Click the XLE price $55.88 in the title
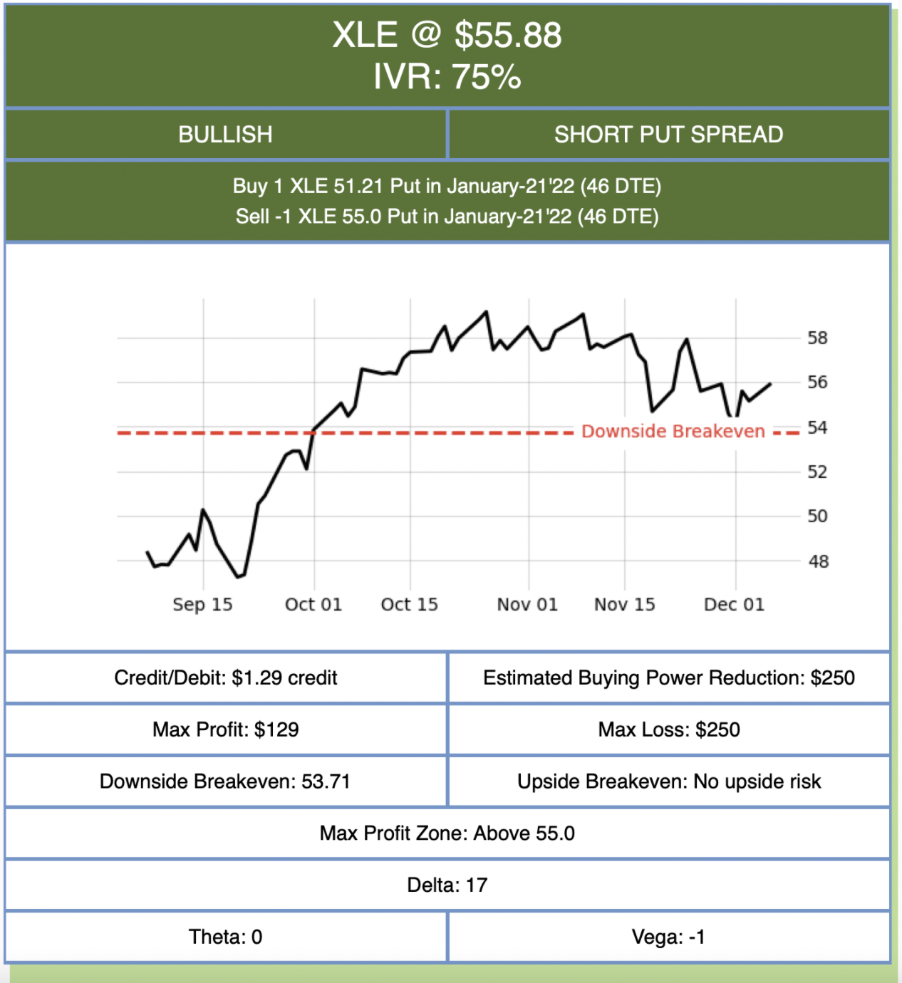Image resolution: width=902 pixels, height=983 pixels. point(508,36)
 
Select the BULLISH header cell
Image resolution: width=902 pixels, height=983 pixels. point(225,135)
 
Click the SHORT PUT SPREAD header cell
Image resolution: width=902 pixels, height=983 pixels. point(668,135)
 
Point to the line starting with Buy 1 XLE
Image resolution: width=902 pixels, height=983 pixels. point(447,187)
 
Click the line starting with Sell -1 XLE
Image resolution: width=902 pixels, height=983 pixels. point(447,217)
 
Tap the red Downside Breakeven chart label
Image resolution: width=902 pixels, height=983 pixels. point(673,432)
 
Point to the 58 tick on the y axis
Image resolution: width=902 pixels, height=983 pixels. point(817,338)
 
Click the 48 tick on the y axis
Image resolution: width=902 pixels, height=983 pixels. point(818,562)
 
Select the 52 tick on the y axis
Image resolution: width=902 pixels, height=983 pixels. point(817,472)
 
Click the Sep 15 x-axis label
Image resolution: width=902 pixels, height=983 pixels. point(202,605)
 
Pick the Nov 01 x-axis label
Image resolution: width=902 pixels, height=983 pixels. point(527,605)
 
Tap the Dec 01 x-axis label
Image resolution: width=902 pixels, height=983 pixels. point(734,605)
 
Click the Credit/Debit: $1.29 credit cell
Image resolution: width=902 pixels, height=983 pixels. point(225,678)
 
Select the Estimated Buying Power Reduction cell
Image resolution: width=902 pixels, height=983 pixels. point(668,678)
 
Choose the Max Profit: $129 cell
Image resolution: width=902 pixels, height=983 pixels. point(225,730)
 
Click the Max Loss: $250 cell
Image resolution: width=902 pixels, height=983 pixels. point(668,730)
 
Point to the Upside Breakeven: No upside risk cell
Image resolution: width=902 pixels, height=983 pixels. point(668,782)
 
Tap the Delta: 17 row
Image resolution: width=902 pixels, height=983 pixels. point(447,885)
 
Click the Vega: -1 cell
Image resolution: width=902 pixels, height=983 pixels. point(668,937)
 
